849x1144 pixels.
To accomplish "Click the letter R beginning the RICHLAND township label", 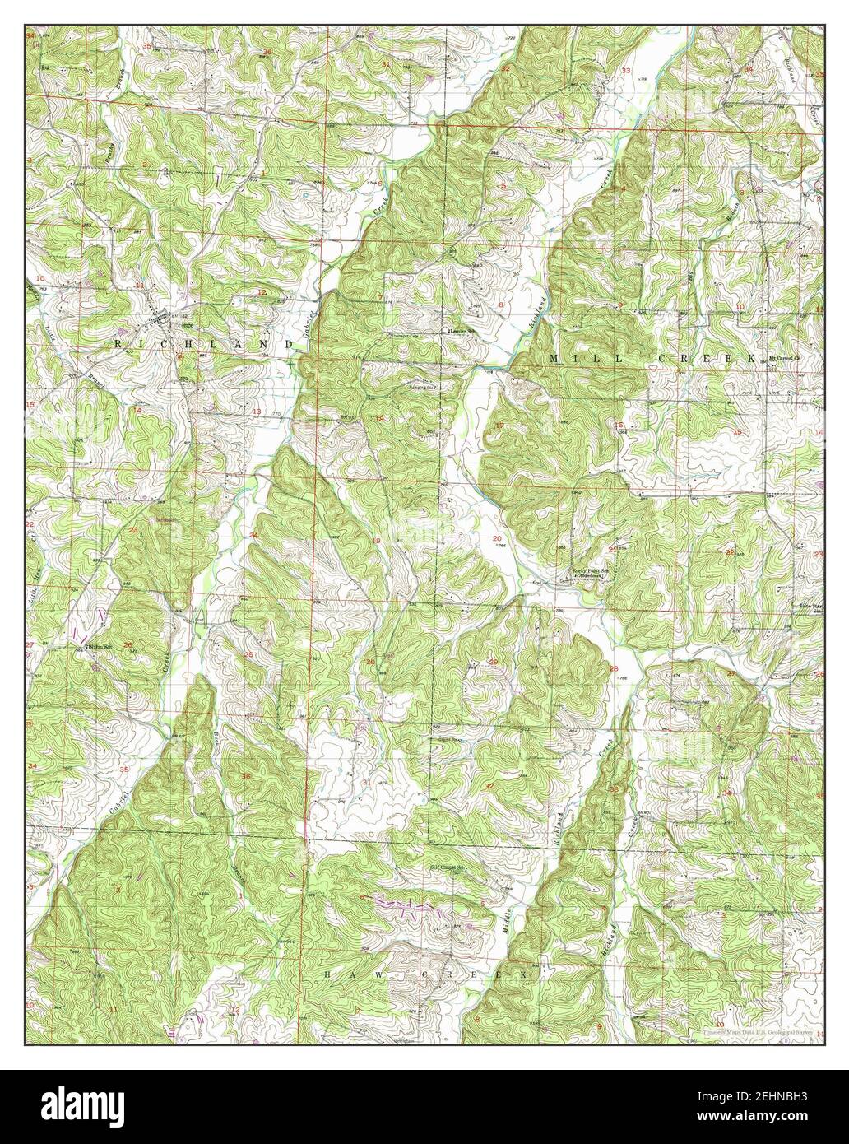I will (118, 342).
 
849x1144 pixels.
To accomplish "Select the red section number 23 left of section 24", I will (133, 529).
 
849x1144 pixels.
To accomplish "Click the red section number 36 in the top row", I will (267, 52).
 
